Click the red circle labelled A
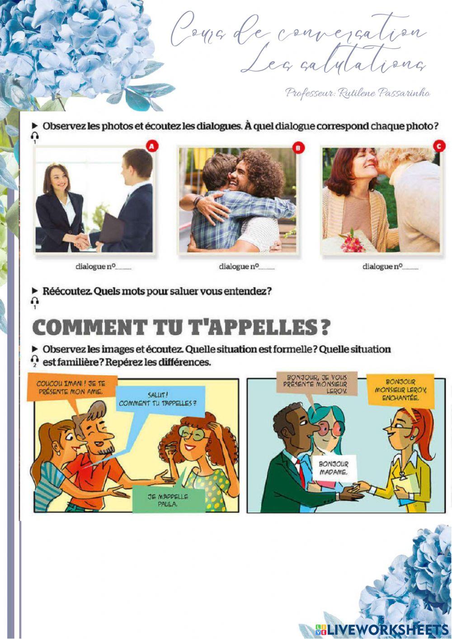point(152,146)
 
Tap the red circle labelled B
point(297,147)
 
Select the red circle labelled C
point(439,146)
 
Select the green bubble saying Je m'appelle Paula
point(161,500)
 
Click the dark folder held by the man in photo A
point(111,229)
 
